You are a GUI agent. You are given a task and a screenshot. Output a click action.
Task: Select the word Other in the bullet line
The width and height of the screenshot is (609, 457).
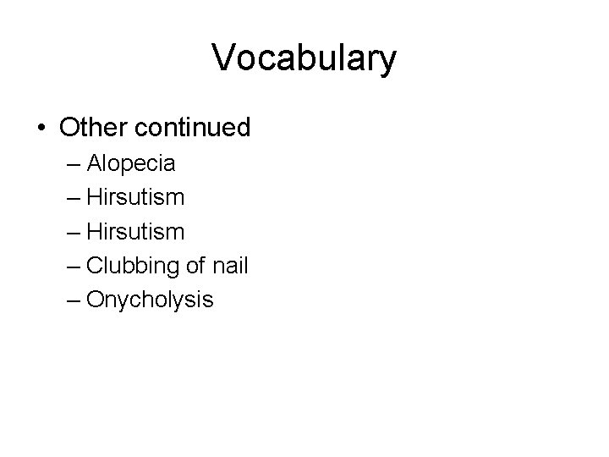pos(93,128)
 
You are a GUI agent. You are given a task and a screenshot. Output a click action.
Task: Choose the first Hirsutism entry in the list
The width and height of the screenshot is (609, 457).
pos(135,196)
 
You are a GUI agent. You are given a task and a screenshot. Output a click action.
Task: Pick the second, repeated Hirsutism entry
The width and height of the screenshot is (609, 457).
pos(135,231)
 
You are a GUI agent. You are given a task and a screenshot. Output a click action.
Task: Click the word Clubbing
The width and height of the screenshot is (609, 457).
pos(129,265)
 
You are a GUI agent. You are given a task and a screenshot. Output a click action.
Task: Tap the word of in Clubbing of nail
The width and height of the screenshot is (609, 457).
pos(197,265)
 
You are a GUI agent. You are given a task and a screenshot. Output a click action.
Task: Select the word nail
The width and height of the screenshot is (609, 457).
pos(230,265)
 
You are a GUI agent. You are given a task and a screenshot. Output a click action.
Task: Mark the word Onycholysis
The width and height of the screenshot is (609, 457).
pos(150,300)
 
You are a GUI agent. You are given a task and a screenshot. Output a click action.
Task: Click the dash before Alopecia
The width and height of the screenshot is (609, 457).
pos(70,163)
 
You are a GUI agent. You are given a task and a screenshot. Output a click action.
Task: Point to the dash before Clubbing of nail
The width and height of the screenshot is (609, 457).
pos(70,266)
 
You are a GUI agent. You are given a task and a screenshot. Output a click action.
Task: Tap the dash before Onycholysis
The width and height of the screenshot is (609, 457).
pos(70,300)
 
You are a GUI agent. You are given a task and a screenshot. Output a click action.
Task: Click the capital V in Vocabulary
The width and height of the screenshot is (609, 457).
pos(224,58)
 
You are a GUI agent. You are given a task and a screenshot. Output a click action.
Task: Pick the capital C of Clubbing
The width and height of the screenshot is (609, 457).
pos(94,265)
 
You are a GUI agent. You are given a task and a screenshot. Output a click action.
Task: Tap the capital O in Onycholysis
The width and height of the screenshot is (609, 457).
pos(95,299)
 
